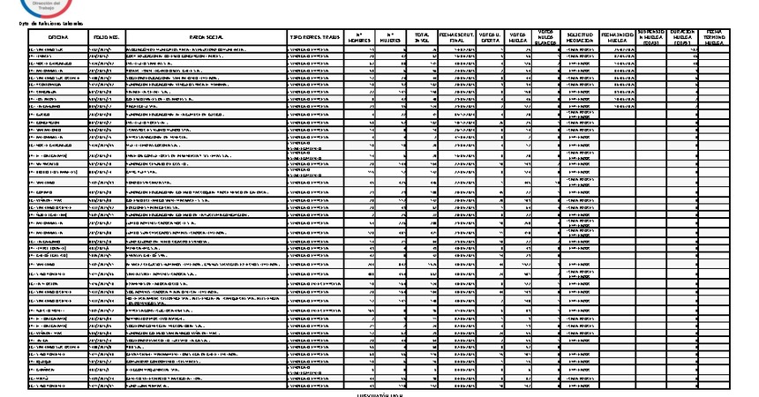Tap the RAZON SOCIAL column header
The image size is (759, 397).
coord(207,37)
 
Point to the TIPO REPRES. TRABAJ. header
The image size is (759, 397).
coord(315,37)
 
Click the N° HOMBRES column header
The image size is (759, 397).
coord(359,37)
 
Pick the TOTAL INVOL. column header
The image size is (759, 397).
coord(422,37)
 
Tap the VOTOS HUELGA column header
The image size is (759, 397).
coord(522,37)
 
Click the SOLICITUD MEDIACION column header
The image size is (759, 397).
coord(580,37)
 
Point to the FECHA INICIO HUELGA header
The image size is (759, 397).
coord(618,37)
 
